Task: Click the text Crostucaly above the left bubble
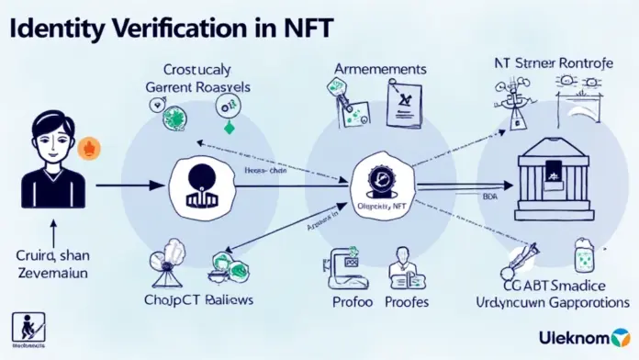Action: click(x=198, y=69)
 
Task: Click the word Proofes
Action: click(x=407, y=301)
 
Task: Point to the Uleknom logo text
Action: click(x=578, y=336)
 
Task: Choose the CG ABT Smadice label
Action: click(x=559, y=282)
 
